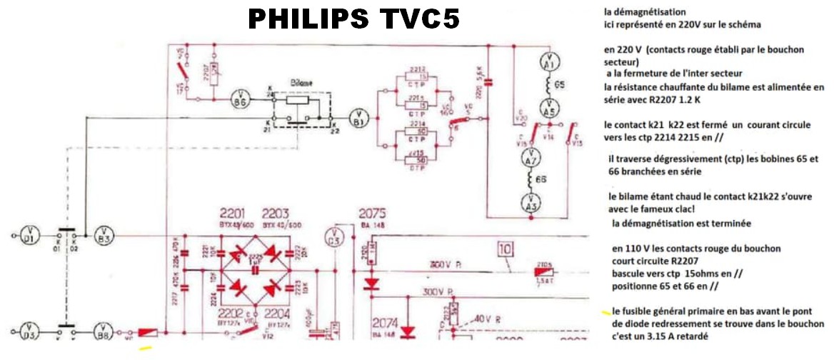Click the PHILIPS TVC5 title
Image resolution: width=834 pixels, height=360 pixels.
point(353,19)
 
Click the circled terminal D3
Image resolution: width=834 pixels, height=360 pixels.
point(29,333)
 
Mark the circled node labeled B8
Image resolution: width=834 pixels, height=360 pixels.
point(104,333)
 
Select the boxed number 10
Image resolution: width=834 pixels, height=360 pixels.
point(505,250)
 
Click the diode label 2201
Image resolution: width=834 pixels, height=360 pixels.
point(233,214)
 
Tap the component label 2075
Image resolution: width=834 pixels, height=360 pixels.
point(372,214)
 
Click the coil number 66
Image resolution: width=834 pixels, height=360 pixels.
point(541,180)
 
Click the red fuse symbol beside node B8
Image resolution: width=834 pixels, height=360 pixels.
point(149,334)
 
